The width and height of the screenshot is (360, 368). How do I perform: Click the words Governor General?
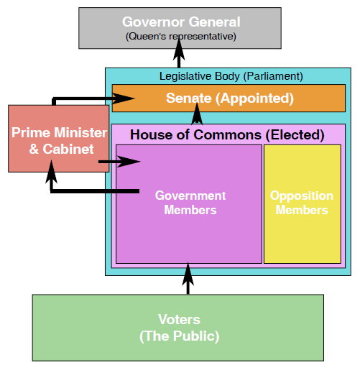click(181, 22)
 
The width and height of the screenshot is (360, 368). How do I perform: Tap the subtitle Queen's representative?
click(181, 37)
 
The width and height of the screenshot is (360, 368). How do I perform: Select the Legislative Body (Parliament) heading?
click(231, 76)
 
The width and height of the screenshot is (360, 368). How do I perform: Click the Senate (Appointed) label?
click(230, 98)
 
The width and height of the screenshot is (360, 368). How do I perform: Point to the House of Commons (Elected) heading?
click(227, 134)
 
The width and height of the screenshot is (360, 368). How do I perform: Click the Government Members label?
click(190, 203)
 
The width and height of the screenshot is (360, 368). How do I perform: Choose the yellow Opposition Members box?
click(303, 204)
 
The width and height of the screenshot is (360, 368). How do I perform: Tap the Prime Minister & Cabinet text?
click(59, 141)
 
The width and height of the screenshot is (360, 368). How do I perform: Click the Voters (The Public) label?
click(179, 328)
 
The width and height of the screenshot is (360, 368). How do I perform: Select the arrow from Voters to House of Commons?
click(188, 279)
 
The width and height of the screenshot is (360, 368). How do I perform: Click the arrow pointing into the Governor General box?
click(179, 52)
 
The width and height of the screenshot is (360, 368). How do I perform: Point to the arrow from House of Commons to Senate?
click(197, 114)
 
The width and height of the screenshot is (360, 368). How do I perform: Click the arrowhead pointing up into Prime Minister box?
click(51, 172)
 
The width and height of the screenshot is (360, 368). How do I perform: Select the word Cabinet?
click(68, 149)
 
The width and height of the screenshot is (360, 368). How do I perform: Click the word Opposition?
click(302, 196)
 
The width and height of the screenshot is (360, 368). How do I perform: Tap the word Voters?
click(179, 319)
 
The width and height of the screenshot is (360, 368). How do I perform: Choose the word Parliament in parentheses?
click(273, 76)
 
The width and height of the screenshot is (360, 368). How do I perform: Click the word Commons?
click(227, 134)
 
